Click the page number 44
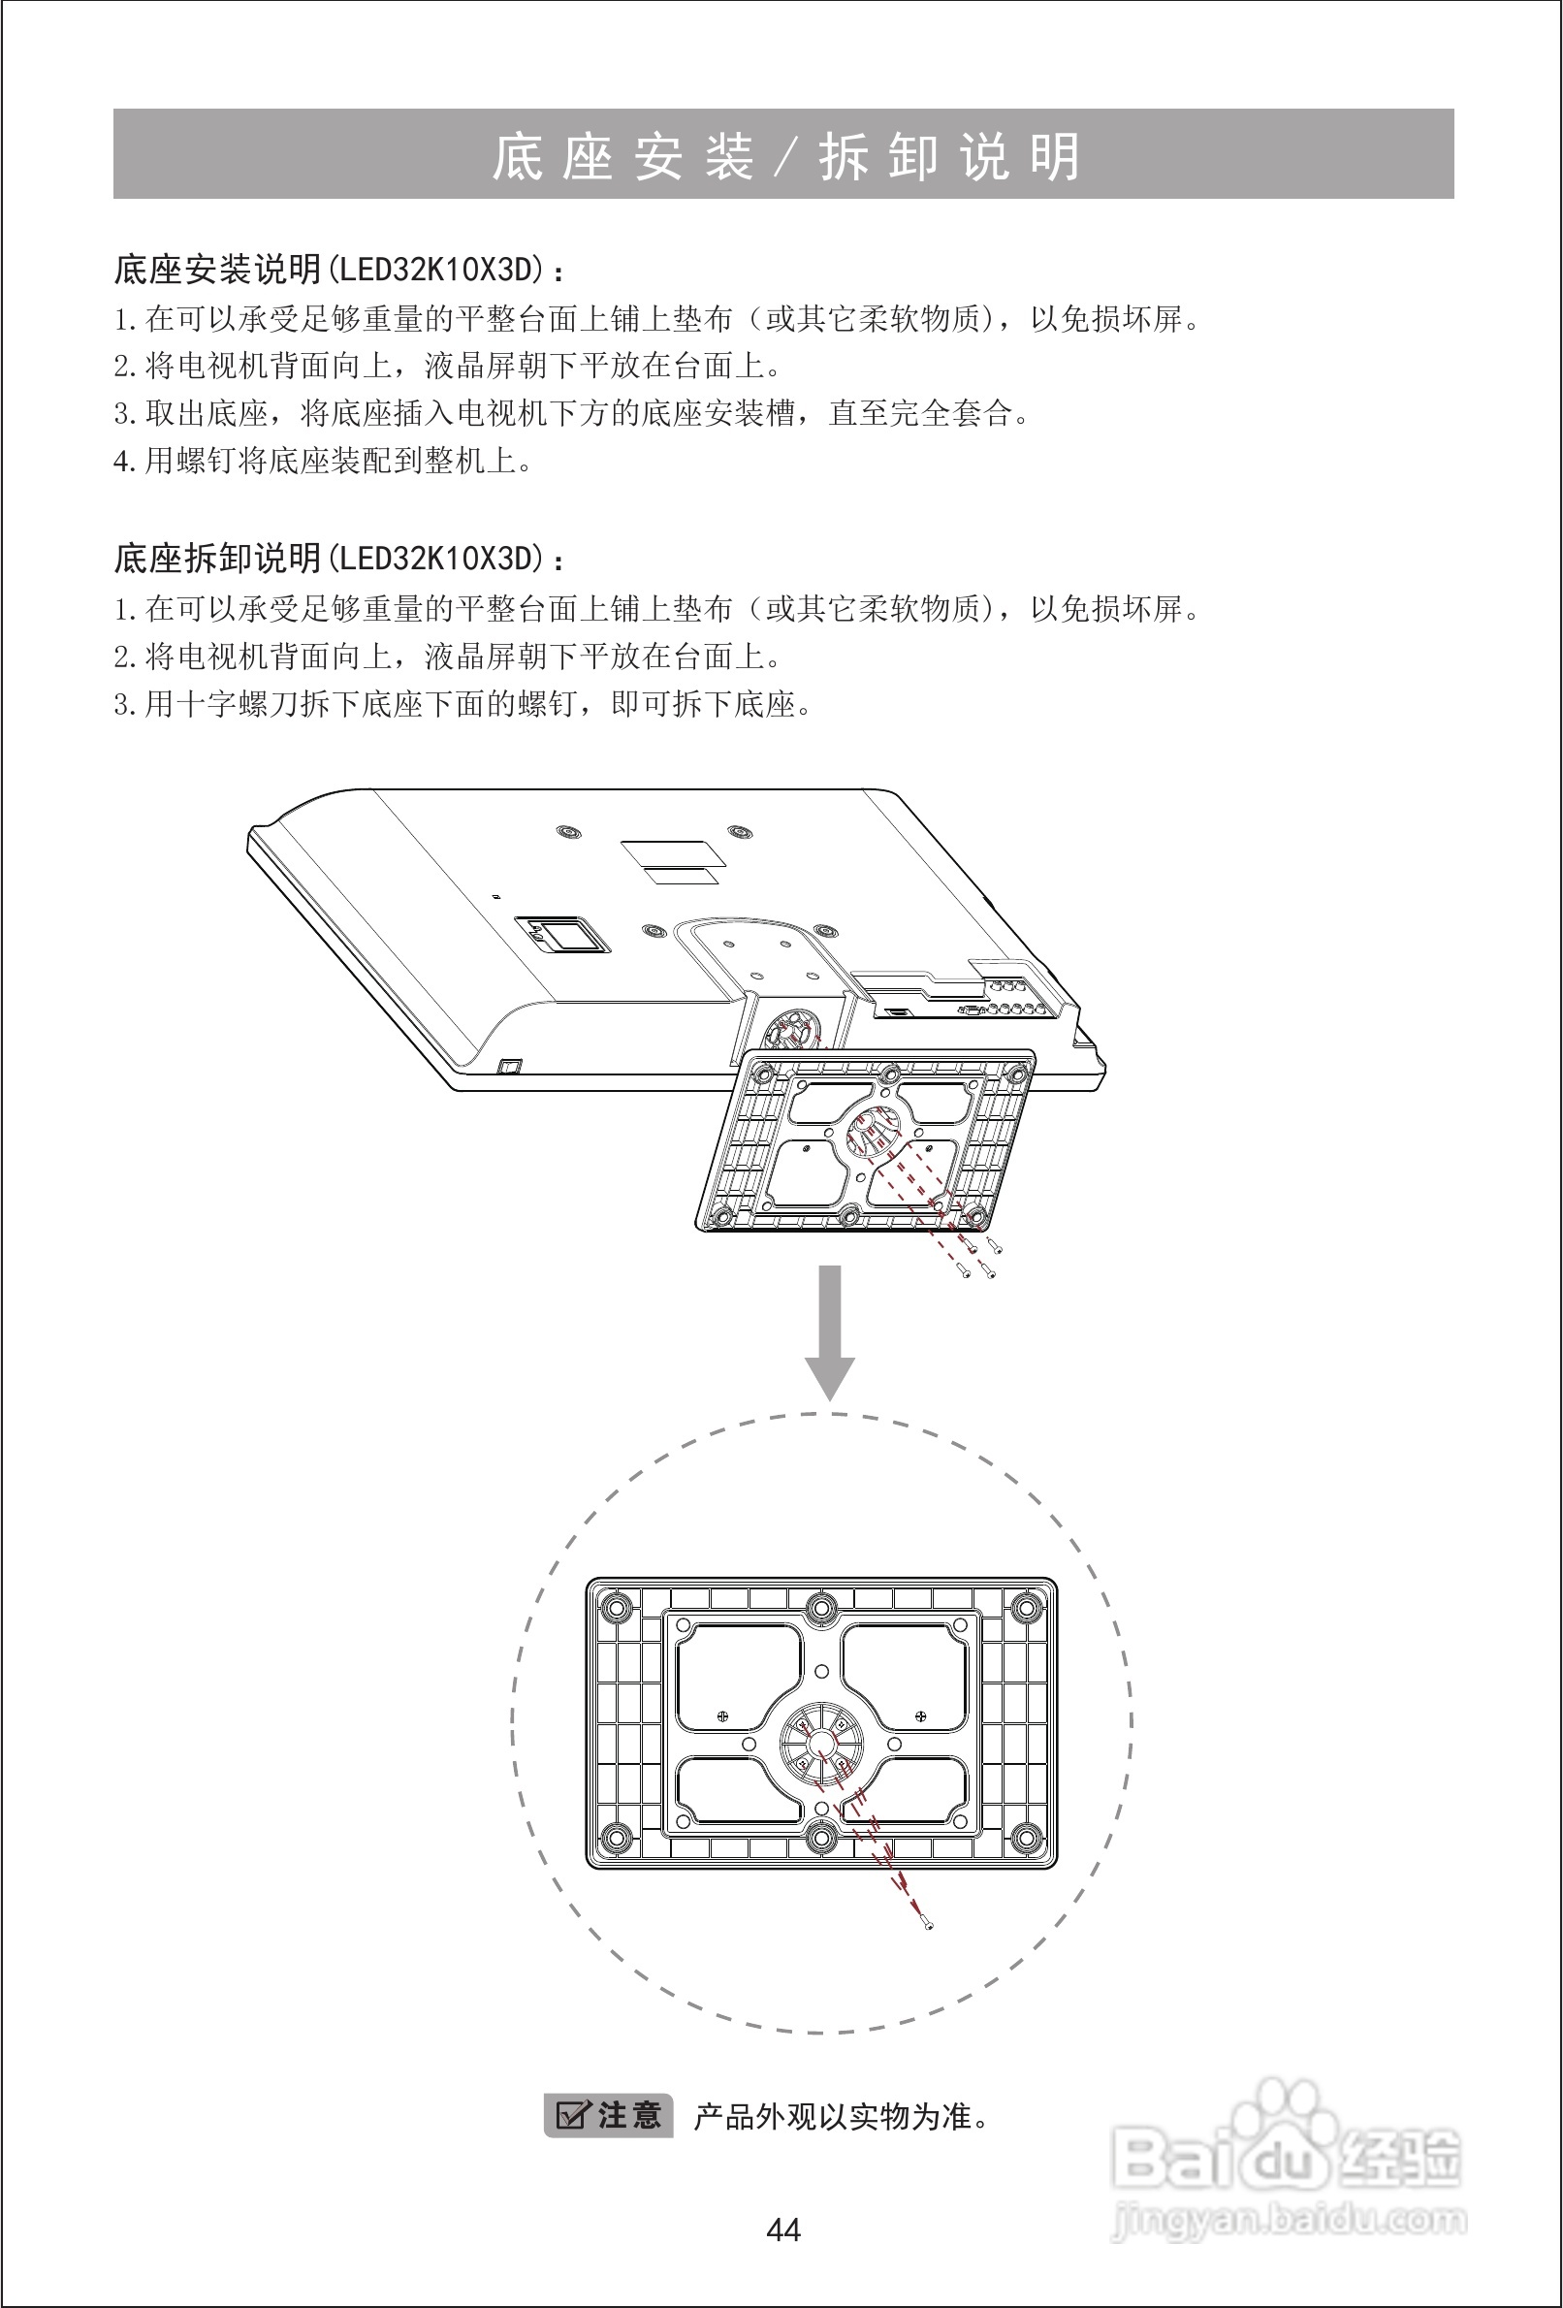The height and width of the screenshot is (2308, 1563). coord(782,2229)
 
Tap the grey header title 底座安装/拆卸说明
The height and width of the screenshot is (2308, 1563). coord(783,156)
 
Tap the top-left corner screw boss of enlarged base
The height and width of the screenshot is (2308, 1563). coord(616,1607)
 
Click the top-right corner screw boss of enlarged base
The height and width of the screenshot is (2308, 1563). coord(1028,1607)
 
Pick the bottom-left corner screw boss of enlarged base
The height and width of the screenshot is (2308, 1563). coord(616,1839)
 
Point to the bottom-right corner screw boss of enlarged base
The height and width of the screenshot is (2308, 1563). coord(1028,1839)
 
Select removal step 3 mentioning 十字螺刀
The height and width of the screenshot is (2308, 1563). coord(463,704)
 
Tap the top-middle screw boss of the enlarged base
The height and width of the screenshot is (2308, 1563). coord(820,1607)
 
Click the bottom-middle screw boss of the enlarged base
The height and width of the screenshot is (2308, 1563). coord(820,1839)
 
